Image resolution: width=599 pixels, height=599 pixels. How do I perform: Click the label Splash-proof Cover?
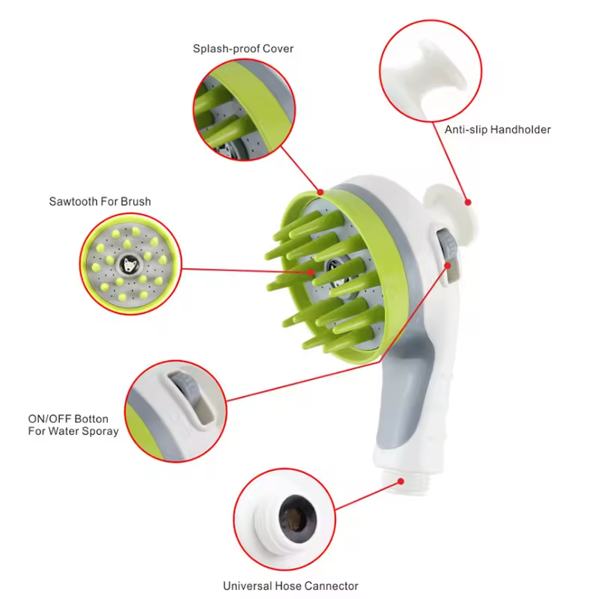pyautogui.click(x=243, y=49)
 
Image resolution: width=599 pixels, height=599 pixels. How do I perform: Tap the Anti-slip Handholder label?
pyautogui.click(x=497, y=130)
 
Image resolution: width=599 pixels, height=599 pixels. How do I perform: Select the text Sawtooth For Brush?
pyautogui.click(x=100, y=201)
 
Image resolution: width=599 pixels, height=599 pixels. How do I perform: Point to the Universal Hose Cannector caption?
pyautogui.click(x=291, y=586)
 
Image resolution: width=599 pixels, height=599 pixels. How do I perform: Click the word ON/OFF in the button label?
pyautogui.click(x=49, y=419)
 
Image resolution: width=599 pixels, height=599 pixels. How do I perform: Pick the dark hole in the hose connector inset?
pyautogui.click(x=297, y=519)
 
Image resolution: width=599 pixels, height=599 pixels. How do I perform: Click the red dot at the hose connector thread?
pyautogui.click(x=401, y=481)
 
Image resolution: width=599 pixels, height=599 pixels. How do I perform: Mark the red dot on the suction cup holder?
pyautogui.click(x=467, y=202)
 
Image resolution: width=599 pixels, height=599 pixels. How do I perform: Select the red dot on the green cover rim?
pyautogui.click(x=320, y=192)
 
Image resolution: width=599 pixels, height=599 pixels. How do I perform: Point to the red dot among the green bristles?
pyautogui.click(x=311, y=273)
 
